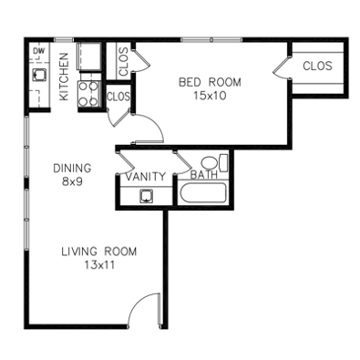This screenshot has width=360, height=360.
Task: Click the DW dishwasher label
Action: point(38,51)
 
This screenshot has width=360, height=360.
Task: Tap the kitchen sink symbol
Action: point(39,75)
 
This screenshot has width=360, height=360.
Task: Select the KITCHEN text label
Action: point(64,77)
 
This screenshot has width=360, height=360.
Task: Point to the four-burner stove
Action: point(88,94)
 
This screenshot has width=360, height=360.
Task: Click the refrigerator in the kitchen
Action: point(88,57)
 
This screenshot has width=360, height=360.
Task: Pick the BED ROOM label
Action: point(210,82)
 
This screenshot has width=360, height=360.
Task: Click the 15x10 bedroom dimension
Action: point(210,96)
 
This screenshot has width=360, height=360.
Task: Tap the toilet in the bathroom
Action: point(215,163)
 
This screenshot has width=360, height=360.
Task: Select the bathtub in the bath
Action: point(203,192)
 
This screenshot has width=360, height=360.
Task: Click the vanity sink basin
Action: point(146,196)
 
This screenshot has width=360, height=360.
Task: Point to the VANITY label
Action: point(146,177)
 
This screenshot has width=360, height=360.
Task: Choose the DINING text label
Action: point(72,168)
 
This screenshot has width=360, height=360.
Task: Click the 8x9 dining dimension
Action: point(72,181)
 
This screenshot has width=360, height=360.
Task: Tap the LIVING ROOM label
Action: point(99,252)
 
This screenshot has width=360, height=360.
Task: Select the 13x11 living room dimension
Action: point(99,265)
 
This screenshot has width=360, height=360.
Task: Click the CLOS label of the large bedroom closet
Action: point(317,66)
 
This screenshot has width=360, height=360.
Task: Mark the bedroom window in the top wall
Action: point(211,39)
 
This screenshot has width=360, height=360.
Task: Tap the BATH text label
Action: point(204,175)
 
